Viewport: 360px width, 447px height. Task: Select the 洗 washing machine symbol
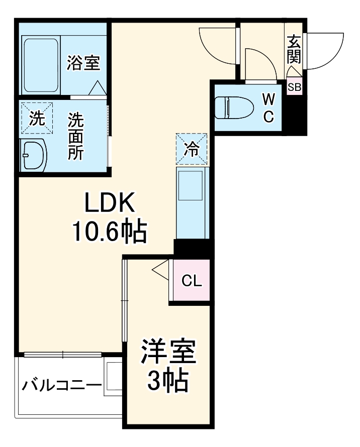pyautogui.click(x=37, y=119)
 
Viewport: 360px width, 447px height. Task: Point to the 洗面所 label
pyautogui.click(x=76, y=136)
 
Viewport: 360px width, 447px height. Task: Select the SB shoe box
pyautogui.click(x=294, y=86)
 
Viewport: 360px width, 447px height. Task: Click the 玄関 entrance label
pyautogui.click(x=294, y=49)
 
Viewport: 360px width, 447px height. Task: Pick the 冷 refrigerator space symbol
pyautogui.click(x=191, y=149)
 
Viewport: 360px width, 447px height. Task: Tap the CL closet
pyautogui.click(x=191, y=281)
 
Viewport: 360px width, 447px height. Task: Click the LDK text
pyautogui.click(x=109, y=203)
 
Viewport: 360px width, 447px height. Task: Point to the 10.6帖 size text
pyautogui.click(x=109, y=232)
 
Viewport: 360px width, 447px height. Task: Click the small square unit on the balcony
pyautogui.click(x=113, y=378)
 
